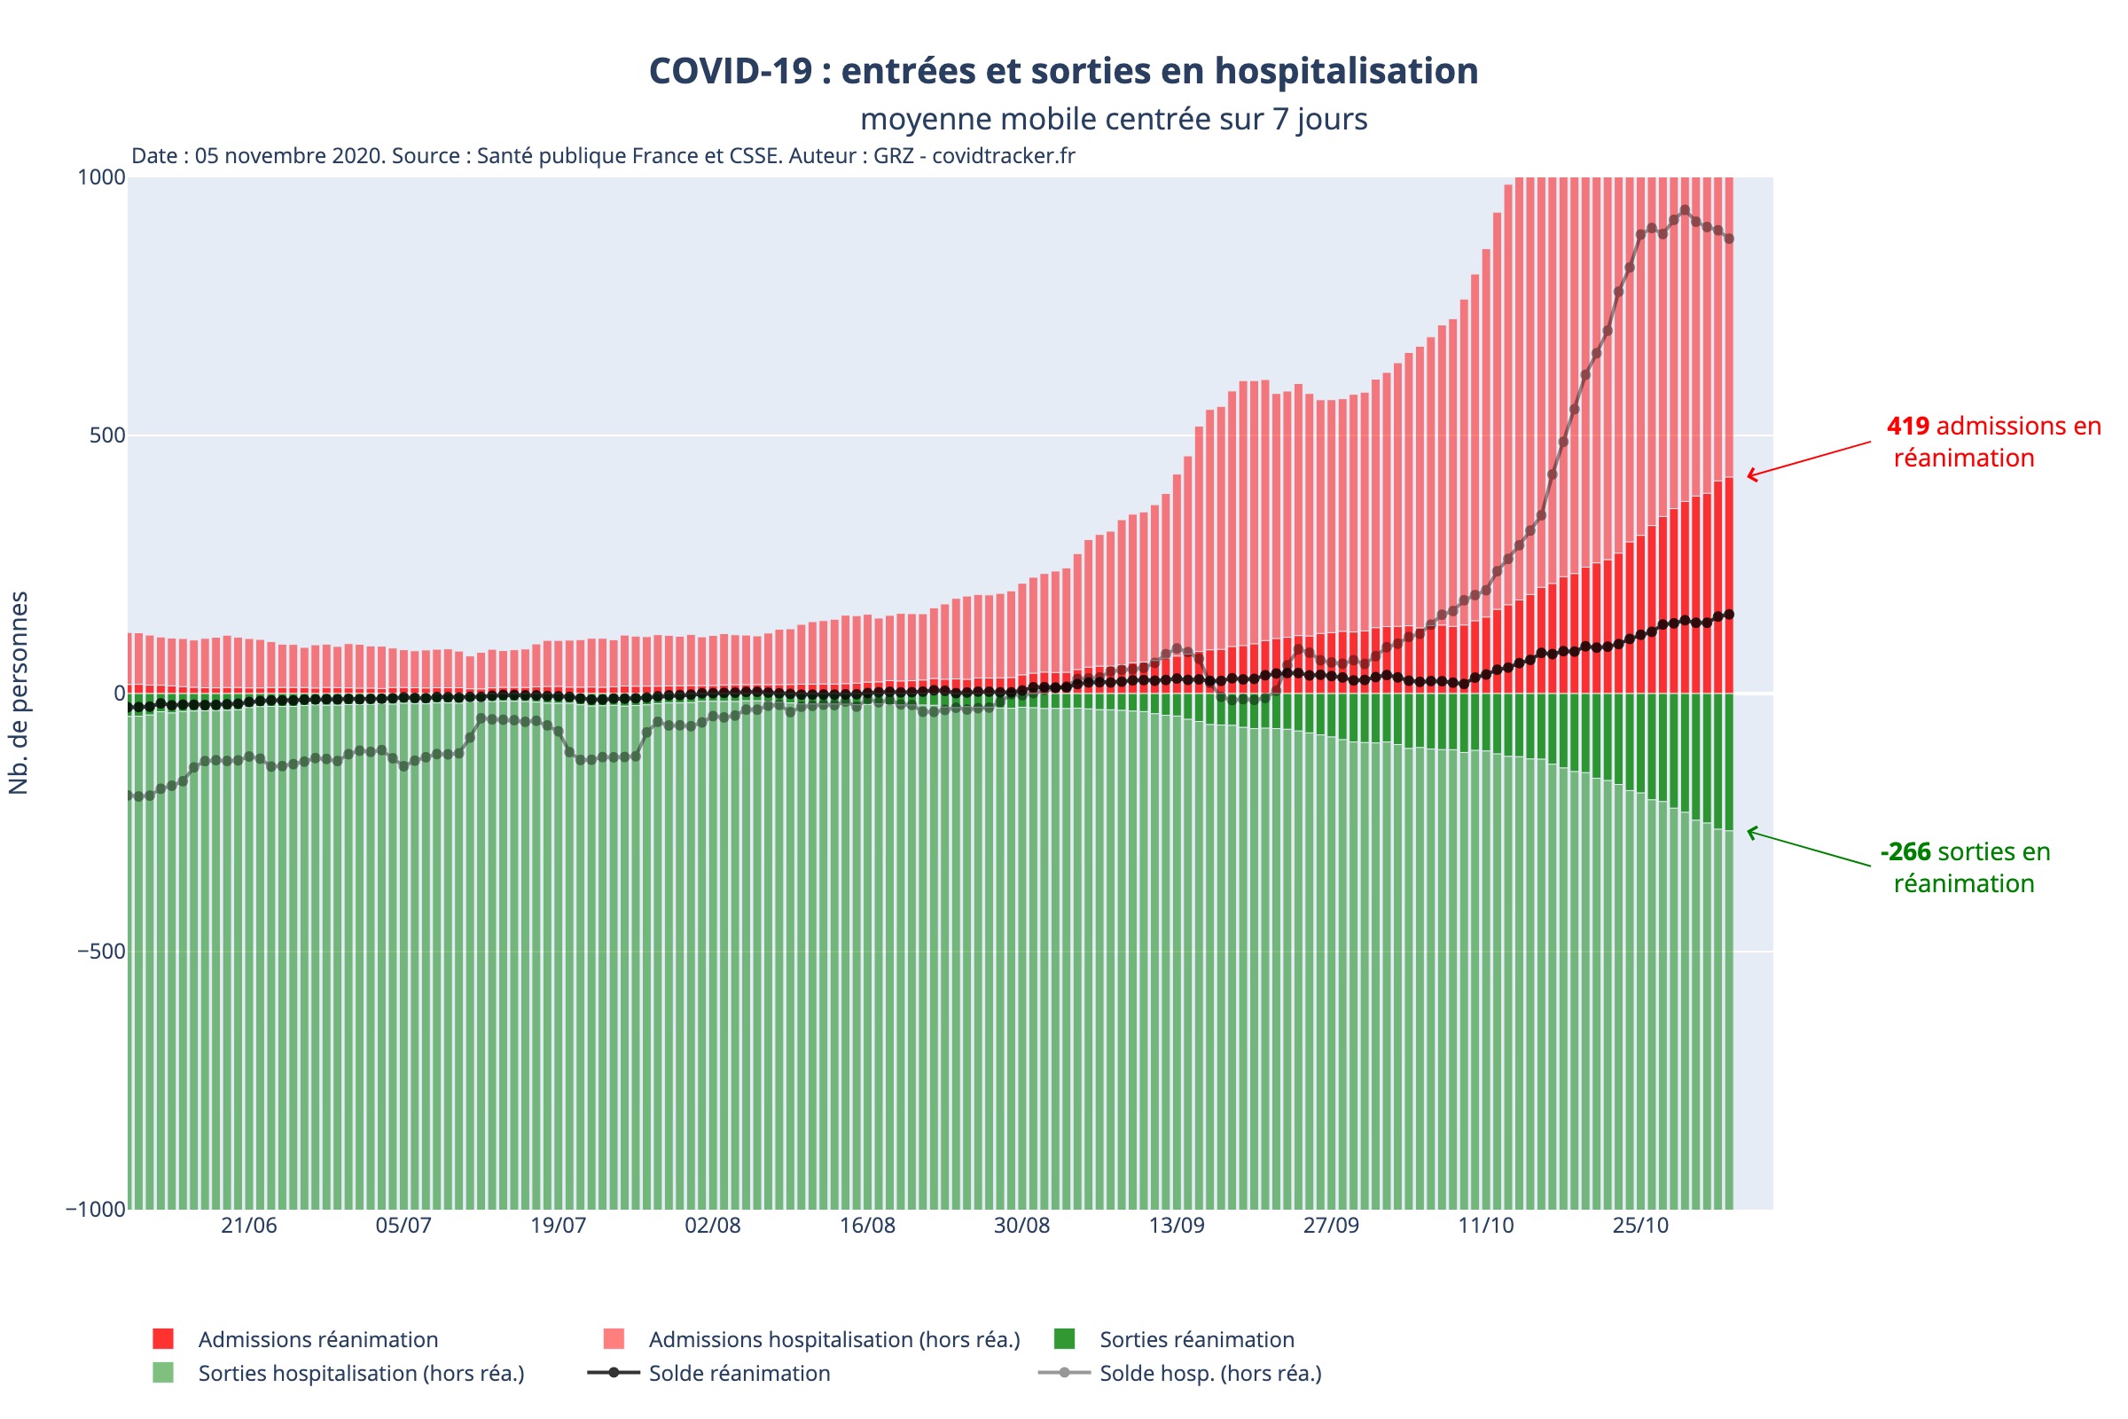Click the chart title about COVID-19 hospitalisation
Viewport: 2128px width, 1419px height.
tap(1063, 71)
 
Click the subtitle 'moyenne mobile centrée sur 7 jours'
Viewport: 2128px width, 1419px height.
tap(1113, 119)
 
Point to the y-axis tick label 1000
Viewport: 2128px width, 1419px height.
tap(100, 177)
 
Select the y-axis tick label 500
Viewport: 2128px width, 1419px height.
tap(106, 435)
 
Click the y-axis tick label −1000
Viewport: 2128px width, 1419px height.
tap(95, 1210)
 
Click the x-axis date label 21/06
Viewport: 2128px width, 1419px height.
tap(249, 1226)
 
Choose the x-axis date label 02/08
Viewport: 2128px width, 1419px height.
tap(712, 1226)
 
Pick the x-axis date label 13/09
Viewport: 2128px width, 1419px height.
tap(1177, 1226)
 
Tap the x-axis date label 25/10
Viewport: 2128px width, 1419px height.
tap(1640, 1226)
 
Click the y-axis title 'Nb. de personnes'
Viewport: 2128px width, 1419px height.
tap(19, 694)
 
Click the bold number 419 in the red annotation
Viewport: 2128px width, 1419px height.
tap(1907, 427)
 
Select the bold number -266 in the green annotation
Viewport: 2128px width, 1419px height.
tap(1905, 852)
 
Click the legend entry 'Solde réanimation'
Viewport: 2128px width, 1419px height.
tap(739, 1374)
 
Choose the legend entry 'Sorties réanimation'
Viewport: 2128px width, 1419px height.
tap(1196, 1340)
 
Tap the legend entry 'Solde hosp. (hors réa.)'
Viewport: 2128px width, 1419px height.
tap(1209, 1374)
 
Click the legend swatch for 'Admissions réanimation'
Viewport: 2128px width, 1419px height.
tap(163, 1339)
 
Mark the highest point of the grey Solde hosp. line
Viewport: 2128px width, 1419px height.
tap(1684, 211)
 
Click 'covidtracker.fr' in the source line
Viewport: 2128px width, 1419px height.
tap(1003, 156)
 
